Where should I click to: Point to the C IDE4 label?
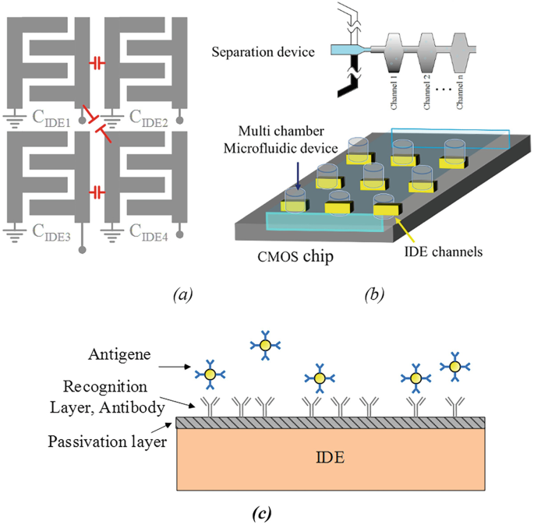coord(150,230)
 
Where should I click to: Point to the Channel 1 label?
coord(394,91)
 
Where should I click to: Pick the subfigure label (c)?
coord(263,512)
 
